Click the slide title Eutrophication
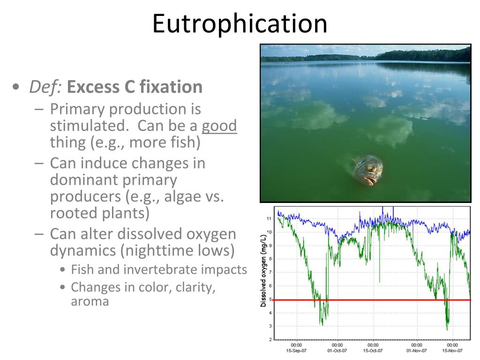coord(240,23)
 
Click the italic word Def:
coord(46,87)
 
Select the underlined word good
coord(219,126)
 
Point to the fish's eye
coord(372,168)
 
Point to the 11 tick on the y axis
coord(269,218)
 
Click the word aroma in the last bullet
coord(90,301)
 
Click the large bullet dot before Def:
coord(17,88)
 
